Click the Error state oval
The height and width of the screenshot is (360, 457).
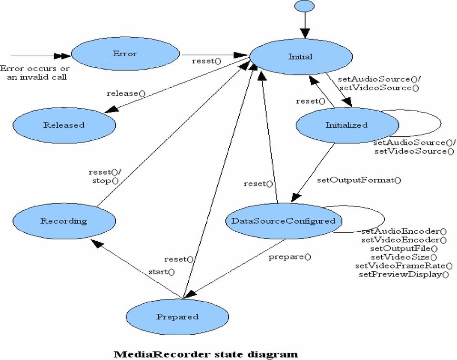tap(125, 54)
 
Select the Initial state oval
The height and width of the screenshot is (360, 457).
tap(301, 57)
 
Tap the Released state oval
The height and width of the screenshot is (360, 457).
tap(64, 125)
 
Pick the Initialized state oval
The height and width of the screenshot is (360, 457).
tap(347, 125)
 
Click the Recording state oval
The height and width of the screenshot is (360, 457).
tap(64, 221)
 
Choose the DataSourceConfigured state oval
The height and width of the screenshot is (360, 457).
tap(284, 221)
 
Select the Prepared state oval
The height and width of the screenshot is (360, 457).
tap(177, 317)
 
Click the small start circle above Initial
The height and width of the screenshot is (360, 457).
tap(305, 6)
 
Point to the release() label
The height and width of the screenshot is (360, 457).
tap(126, 93)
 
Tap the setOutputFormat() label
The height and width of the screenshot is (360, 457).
tap(359, 180)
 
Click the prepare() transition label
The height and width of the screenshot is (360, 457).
tap(290, 257)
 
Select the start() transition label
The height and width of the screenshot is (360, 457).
tap(162, 272)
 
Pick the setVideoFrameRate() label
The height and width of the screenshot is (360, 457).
tap(404, 266)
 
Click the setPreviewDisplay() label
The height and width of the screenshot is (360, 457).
tap(404, 275)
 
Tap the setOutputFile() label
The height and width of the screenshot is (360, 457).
tap(404, 248)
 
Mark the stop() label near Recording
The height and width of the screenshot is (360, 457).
tap(105, 181)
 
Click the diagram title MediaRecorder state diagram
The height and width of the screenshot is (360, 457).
tap(206, 354)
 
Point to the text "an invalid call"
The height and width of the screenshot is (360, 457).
tap(37, 77)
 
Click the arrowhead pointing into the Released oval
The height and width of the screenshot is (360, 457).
tap(112, 109)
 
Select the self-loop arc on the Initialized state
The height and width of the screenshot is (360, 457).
tap(441, 123)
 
